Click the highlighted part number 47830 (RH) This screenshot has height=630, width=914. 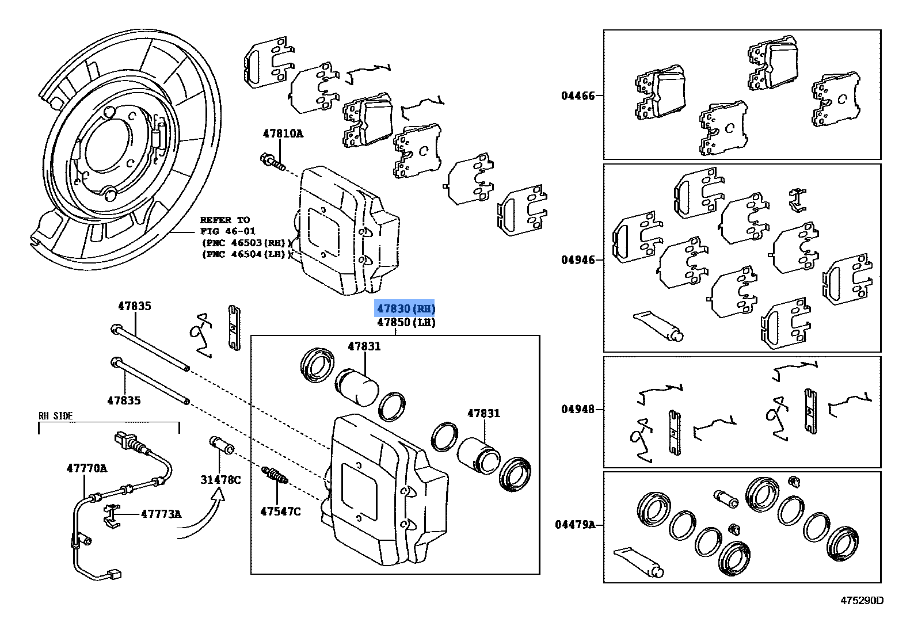406,309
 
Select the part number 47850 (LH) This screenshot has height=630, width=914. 406,323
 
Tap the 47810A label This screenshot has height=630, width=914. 283,133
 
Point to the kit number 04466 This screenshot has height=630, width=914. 578,96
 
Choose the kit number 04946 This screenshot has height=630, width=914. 578,260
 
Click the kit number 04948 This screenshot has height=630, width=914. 578,410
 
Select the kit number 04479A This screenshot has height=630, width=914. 575,525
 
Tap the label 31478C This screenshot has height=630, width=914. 220,479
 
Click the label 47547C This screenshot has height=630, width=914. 280,511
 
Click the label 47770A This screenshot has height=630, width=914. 86,468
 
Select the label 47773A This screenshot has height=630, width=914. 161,514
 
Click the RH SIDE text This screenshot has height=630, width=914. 56,415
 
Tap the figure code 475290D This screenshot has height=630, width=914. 862,601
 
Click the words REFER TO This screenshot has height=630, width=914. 225,220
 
